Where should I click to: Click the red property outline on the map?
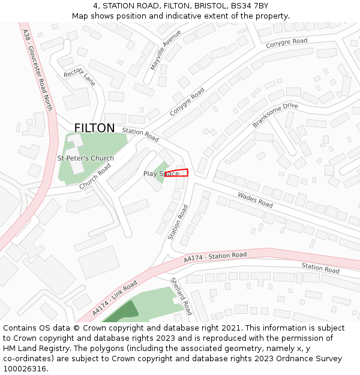(x=176, y=173)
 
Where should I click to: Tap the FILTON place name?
(x=94, y=128)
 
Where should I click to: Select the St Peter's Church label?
(x=85, y=158)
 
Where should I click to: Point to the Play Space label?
(x=161, y=174)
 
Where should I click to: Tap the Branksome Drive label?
(x=275, y=115)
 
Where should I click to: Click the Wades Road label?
(x=255, y=200)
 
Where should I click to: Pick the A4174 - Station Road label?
(x=215, y=257)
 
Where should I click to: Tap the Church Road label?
(x=95, y=176)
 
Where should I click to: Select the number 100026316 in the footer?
(x=25, y=368)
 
